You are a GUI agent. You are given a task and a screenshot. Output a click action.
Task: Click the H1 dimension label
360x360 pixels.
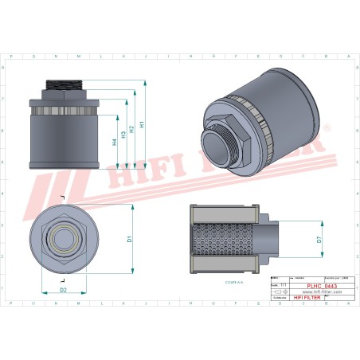pyautogui.click(x=142, y=124)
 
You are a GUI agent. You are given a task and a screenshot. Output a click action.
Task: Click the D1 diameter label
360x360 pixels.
pyautogui.click(x=129, y=238)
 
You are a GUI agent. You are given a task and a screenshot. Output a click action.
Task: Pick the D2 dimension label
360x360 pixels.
pyautogui.click(x=64, y=291)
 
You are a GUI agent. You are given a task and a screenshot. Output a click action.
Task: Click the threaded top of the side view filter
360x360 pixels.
pyautogui.click(x=65, y=84)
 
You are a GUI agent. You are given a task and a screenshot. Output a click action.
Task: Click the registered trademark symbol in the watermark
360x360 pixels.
pyautogui.click(x=326, y=127)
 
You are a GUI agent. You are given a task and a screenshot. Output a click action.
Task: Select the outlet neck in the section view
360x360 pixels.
pyautogui.click(x=271, y=237)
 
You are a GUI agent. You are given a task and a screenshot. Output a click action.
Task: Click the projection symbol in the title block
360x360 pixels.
pyautogui.click(x=279, y=292)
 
